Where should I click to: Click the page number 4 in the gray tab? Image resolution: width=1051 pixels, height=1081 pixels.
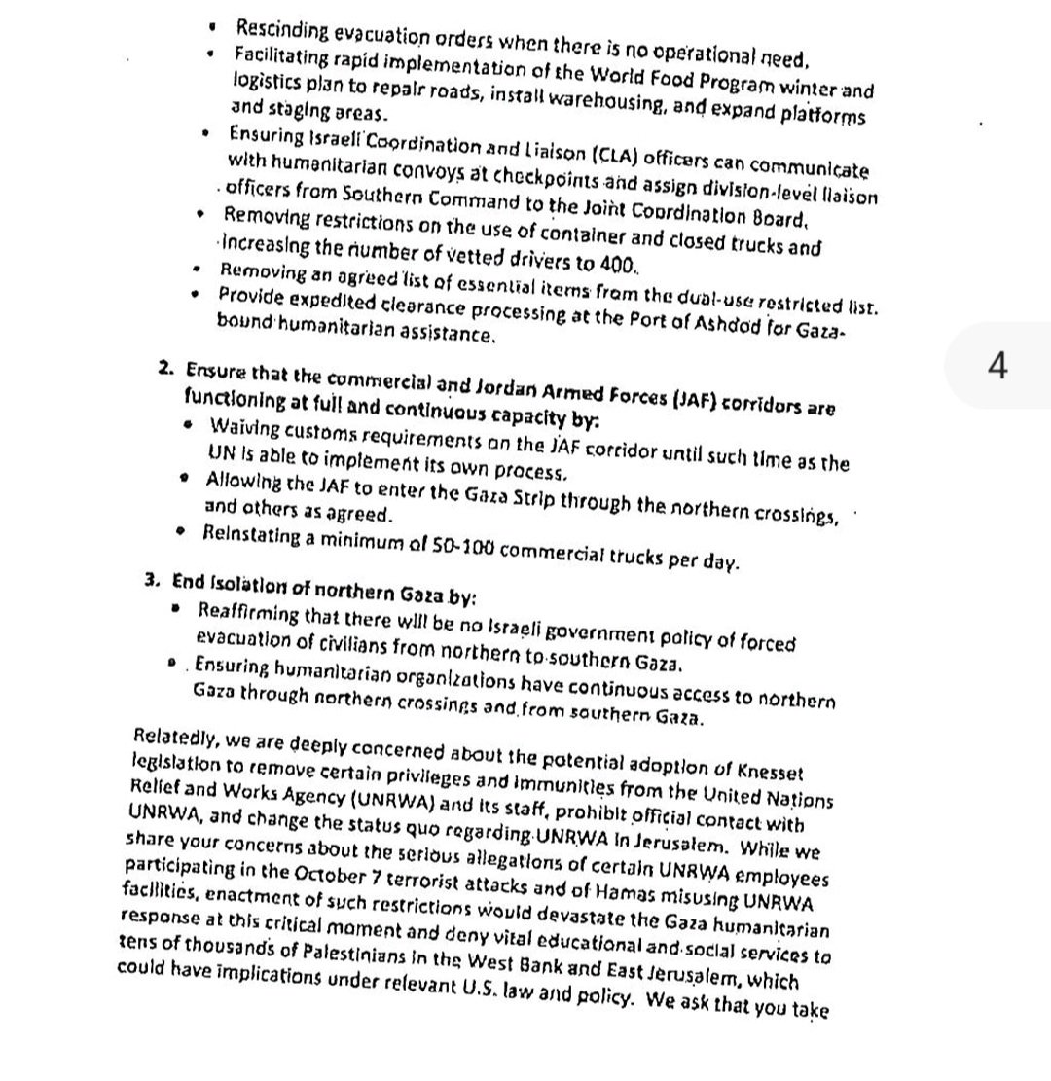pos(997,365)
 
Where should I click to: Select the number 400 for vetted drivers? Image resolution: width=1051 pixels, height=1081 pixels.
pos(614,264)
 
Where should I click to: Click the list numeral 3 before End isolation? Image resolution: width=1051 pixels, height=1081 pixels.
pos(151,580)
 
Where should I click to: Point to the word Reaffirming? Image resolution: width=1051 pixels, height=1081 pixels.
pos(247,613)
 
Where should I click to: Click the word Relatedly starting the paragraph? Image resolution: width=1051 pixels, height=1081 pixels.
pos(174,737)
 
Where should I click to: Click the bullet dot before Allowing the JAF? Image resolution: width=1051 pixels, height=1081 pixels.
pos(185,479)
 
